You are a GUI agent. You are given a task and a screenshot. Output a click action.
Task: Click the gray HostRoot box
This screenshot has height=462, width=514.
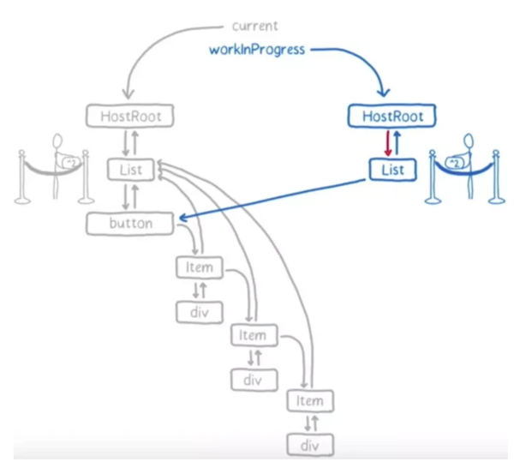pyautogui.click(x=130, y=116)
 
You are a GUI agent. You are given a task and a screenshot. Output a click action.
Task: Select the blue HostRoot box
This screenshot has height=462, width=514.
pyautogui.click(x=391, y=116)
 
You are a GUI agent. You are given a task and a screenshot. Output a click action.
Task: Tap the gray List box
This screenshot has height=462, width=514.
pyautogui.click(x=131, y=170)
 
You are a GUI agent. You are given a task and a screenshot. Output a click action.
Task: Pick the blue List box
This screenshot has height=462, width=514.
pyautogui.click(x=392, y=170)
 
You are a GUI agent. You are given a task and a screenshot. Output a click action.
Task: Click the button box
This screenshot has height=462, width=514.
pyautogui.click(x=130, y=224)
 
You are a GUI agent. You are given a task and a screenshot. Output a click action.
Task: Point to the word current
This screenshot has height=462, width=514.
pyautogui.click(x=254, y=26)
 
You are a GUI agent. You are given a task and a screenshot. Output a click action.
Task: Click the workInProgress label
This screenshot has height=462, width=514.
pyautogui.click(x=257, y=50)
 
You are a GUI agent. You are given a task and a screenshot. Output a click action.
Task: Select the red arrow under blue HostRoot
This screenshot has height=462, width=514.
pyautogui.click(x=388, y=143)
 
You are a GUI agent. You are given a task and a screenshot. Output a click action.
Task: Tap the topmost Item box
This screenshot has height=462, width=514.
pyautogui.click(x=200, y=267)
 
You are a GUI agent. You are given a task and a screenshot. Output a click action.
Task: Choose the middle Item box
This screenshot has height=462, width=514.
pyautogui.click(x=254, y=335)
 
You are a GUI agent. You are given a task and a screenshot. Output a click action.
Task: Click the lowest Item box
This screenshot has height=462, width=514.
pyautogui.click(x=310, y=400)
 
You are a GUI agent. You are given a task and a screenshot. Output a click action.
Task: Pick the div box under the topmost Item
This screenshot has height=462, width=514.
pyautogui.click(x=200, y=312)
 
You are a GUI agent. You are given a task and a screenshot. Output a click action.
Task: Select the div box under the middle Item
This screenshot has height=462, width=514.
pyautogui.click(x=254, y=380)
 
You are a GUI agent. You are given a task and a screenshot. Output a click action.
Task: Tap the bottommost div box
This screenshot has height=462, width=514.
pyautogui.click(x=310, y=445)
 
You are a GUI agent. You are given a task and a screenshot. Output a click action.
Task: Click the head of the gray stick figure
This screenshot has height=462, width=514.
pyautogui.click(x=57, y=141)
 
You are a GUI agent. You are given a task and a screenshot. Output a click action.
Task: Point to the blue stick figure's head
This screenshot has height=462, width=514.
pyautogui.click(x=469, y=142)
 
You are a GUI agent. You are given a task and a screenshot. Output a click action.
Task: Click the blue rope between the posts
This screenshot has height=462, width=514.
pyautogui.click(x=464, y=171)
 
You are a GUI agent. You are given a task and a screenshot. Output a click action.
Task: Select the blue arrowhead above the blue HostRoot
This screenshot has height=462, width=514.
pyautogui.click(x=383, y=92)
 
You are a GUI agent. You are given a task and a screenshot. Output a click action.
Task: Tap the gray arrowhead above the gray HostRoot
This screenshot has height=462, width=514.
pyautogui.click(x=128, y=93)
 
